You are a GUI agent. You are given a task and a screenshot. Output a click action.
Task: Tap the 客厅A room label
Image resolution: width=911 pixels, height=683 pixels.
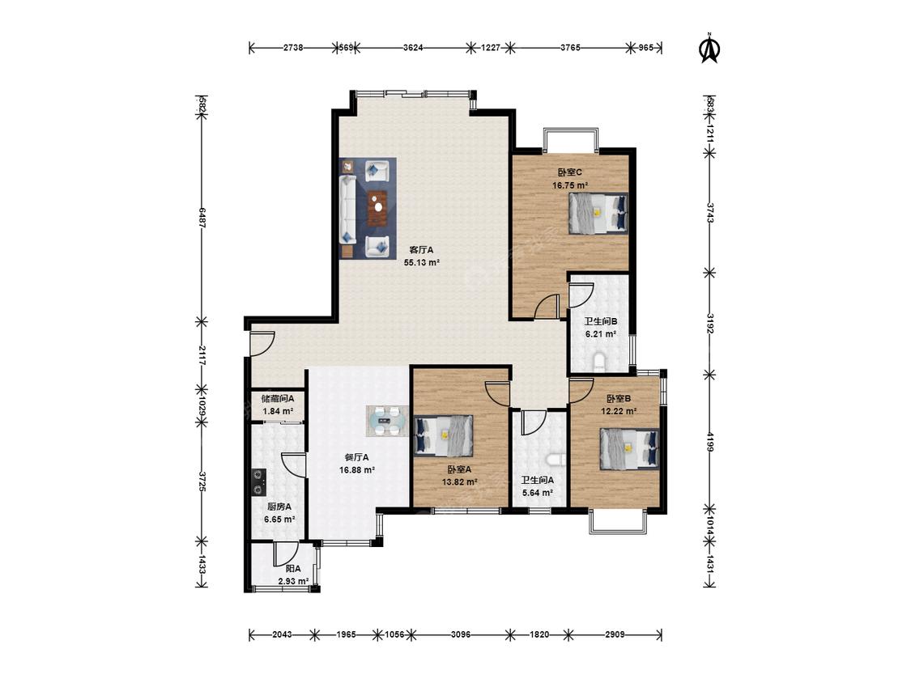coord(421,250)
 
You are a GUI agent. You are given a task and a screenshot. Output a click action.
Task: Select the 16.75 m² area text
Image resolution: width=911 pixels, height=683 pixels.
coord(569,186)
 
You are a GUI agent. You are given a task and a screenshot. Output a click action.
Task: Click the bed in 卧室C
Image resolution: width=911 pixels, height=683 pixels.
coord(598,213)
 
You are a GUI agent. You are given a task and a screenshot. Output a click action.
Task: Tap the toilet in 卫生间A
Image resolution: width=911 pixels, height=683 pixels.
coord(556,460)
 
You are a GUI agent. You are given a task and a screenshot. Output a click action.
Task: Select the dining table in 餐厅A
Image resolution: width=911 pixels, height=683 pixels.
coord(386,422)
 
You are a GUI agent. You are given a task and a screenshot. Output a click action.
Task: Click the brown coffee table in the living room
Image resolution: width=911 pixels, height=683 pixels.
coord(378,208)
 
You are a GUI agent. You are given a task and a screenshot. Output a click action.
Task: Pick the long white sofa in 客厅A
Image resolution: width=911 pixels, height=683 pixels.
coord(347,210)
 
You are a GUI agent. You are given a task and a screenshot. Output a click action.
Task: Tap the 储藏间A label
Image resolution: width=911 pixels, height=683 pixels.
coord(278,399)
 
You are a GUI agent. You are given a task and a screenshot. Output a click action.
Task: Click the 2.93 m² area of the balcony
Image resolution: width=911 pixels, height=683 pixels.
coord(293,581)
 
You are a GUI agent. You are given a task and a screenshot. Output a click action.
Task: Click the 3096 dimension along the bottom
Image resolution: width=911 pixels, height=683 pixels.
coord(461,634)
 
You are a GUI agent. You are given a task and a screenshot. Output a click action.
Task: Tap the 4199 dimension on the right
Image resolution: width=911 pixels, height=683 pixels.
coord(710,441)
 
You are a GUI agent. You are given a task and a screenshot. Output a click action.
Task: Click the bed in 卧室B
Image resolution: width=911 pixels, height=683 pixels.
coord(629,449)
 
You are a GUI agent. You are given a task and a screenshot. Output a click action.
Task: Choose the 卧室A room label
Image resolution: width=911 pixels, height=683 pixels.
coord(459,469)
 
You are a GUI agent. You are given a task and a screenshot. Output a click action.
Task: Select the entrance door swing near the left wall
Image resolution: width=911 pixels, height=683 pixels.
coord(262,343)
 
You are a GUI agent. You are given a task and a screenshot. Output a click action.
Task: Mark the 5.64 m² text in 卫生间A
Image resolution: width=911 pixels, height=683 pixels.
coord(538,493)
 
